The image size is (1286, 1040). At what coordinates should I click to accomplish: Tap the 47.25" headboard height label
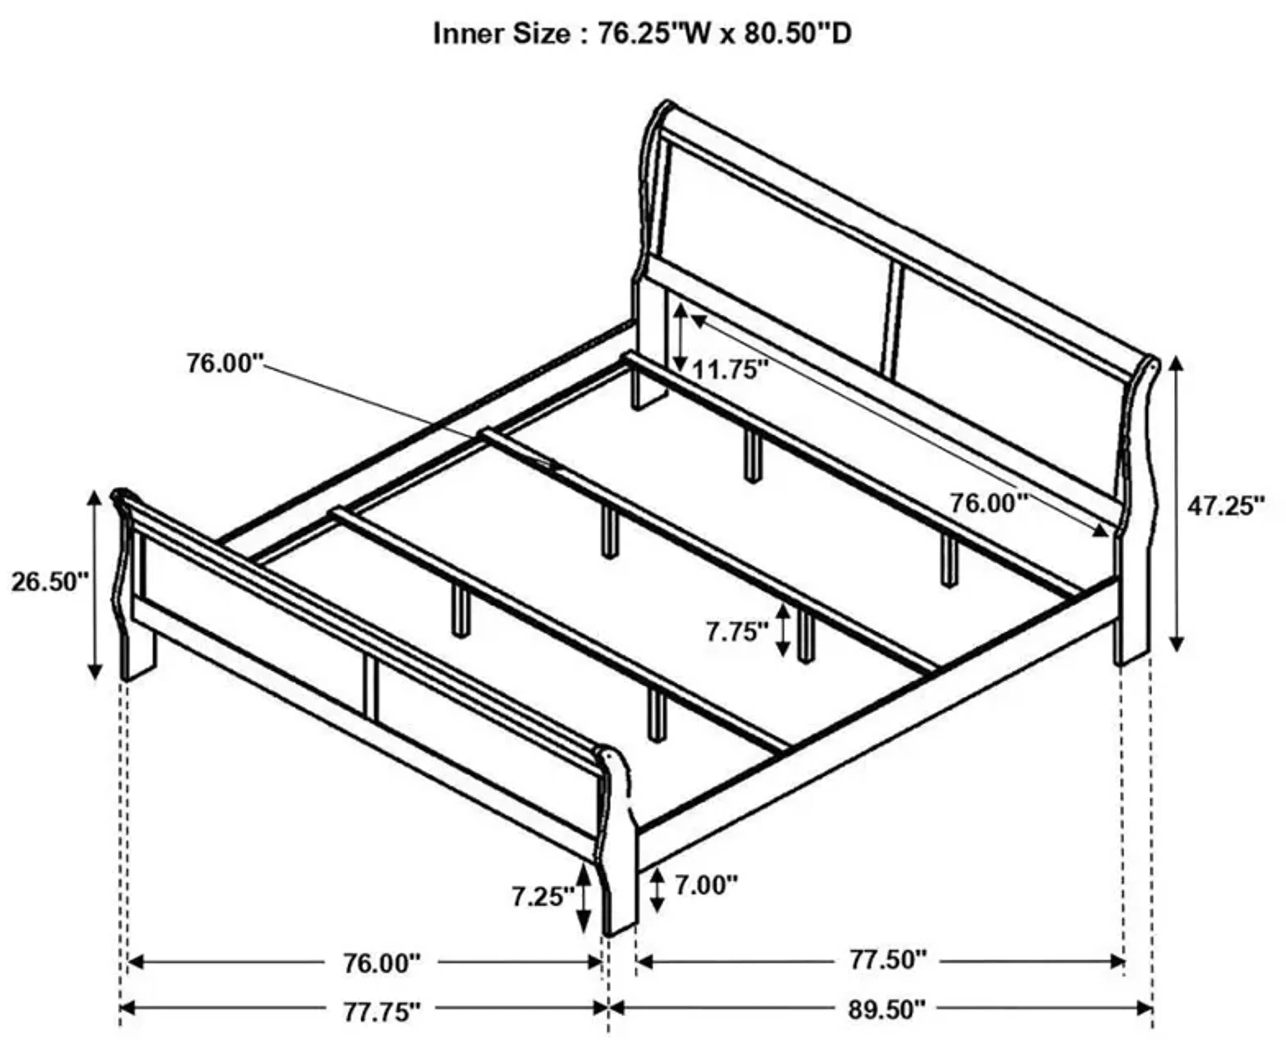pos(1226,506)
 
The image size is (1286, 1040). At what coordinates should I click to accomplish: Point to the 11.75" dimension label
pos(729,370)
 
